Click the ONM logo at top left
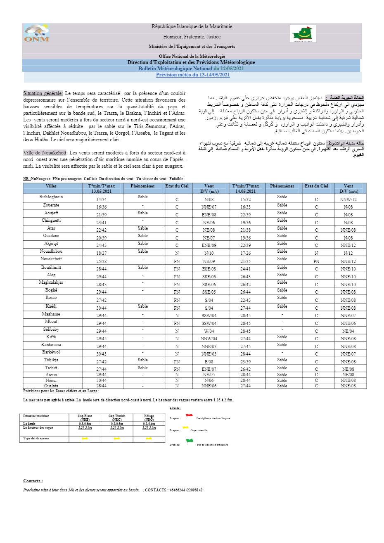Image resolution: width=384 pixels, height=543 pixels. tap(37, 33)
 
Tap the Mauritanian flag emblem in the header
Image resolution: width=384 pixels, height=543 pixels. tap(303, 33)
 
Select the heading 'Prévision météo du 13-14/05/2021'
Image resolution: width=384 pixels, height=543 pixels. tap(193, 75)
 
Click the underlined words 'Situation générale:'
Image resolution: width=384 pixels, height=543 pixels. tap(43, 93)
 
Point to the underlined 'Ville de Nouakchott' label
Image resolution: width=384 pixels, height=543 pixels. tap(45, 153)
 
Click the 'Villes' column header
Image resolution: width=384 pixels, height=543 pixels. tap(51, 186)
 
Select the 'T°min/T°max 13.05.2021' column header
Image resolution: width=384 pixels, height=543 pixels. tap(102, 189)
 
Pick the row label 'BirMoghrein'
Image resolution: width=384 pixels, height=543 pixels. tap(51, 197)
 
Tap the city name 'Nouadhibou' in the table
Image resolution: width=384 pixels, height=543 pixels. tap(51, 251)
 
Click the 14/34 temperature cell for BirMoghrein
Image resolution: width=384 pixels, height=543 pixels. tap(102, 199)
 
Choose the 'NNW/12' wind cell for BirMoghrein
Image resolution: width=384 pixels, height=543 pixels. tap(348, 199)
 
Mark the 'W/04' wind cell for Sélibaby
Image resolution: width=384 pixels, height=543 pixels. tap(209, 331)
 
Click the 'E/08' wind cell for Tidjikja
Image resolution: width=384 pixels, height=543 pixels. tap(209, 362)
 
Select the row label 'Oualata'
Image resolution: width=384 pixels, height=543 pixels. tap(51, 386)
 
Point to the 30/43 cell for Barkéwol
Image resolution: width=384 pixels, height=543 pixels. tap(102, 354)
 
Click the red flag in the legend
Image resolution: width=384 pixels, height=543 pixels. tap(189, 416)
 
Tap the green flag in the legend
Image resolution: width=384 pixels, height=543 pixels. tap(190, 441)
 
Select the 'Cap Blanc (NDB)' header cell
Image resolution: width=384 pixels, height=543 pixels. tap(85, 418)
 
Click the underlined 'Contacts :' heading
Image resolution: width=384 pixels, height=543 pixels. tap(33, 481)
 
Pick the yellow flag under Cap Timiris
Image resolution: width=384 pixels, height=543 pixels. tap(117, 439)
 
